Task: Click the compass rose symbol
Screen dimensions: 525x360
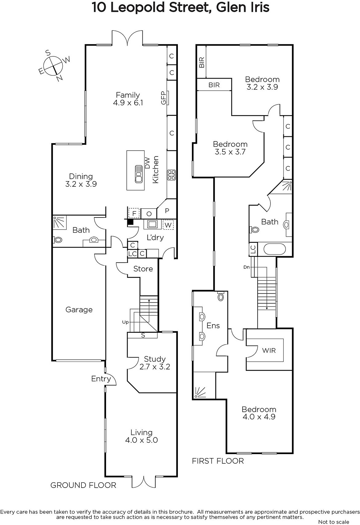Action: pos(53,65)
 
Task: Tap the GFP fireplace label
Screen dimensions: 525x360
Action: pos(163,97)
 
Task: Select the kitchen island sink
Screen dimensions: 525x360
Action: pos(138,174)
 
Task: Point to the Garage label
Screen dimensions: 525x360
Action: pos(79,309)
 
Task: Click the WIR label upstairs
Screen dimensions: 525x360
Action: pos(269,350)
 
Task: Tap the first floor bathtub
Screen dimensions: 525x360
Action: pos(275,249)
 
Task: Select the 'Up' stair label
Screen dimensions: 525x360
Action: pos(125,322)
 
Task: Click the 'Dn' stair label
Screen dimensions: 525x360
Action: pos(246,267)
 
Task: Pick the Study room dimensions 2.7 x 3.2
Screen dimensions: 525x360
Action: pos(155,367)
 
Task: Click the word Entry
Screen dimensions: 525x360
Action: pos(101,379)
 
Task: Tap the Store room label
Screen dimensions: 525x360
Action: pos(143,269)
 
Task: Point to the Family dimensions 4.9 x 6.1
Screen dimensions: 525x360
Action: pos(128,103)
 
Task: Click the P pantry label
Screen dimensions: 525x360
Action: pos(167,211)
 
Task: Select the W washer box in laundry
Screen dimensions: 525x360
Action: pos(168,225)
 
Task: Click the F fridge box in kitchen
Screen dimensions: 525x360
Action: pos(134,213)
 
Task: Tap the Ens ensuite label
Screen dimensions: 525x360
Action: pos(213,325)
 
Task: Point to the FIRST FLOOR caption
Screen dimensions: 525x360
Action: pos(218,461)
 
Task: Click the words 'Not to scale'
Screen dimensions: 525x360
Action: pos(333,522)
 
